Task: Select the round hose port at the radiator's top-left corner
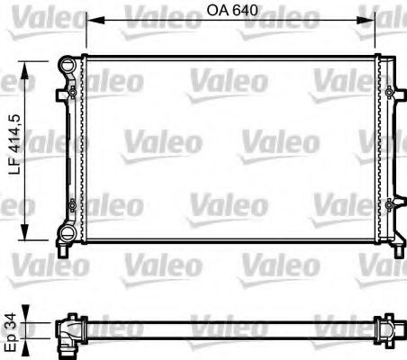(68, 65)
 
